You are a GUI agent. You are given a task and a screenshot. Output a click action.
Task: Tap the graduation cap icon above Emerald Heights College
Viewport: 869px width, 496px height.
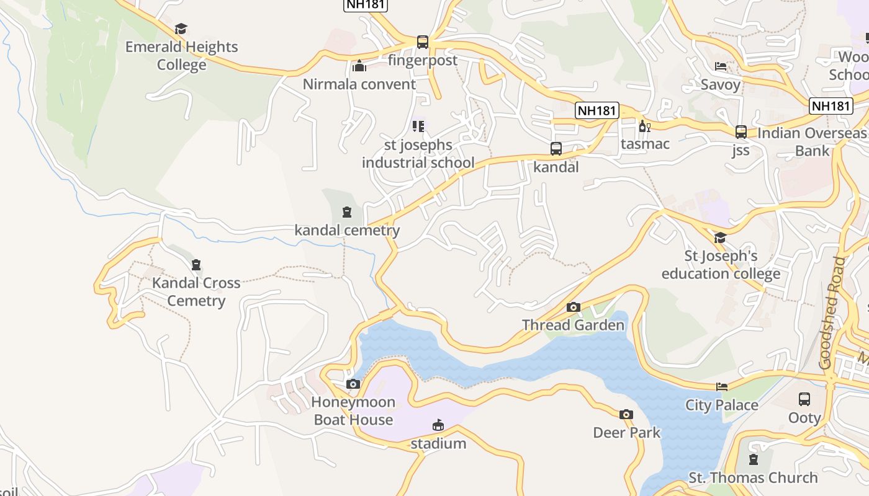[181, 29]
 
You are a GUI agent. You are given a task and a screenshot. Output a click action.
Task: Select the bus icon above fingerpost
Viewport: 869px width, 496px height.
[423, 42]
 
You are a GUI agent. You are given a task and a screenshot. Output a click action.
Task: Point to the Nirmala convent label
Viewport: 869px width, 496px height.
[359, 84]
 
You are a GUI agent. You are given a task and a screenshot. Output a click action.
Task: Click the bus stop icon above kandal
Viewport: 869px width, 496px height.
[556, 149]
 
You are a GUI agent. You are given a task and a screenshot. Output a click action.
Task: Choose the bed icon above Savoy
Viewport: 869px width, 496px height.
[721, 66]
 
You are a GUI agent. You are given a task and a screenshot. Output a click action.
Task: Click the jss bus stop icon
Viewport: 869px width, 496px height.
[741, 132]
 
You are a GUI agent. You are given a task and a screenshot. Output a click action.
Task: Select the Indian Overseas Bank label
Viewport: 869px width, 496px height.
[812, 142]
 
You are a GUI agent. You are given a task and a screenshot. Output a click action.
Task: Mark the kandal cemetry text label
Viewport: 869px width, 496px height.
[347, 231]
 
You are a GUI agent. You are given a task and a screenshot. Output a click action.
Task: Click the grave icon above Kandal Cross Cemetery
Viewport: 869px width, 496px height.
[196, 265]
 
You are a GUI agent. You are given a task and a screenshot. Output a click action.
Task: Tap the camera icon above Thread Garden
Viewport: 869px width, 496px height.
[573, 307]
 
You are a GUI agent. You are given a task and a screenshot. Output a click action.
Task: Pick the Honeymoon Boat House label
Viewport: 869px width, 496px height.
[353, 411]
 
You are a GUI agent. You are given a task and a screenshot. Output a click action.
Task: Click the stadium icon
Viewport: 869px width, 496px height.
[438, 425]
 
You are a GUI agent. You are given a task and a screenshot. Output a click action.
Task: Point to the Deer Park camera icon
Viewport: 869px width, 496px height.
[626, 414]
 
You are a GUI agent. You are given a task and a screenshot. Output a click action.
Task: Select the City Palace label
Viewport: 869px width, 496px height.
[722, 405]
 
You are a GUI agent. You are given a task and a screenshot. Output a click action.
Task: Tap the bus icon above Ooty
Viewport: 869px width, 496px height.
[804, 399]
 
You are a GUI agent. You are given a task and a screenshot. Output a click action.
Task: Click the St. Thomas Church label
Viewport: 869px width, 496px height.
[753, 478]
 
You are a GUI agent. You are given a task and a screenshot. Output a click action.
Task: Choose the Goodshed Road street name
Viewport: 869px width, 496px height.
[832, 313]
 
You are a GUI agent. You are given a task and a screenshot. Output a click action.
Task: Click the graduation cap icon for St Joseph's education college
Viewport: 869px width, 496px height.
[720, 238]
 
